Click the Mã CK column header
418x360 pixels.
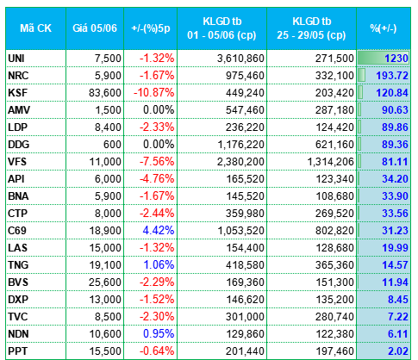coord(35,28)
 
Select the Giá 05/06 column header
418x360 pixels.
coord(95,28)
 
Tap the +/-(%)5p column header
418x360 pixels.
coord(151,28)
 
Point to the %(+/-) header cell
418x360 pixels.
coord(384,28)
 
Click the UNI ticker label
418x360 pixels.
coord(16,59)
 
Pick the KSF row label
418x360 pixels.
coord(17,93)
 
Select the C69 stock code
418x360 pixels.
coord(17,231)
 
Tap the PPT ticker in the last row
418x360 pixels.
coord(17,351)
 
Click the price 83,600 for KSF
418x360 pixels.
coord(105,93)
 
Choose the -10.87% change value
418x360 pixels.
coord(153,93)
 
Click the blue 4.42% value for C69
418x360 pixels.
coord(159,231)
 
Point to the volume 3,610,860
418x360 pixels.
coord(240,59)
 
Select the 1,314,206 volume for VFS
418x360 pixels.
coord(330,162)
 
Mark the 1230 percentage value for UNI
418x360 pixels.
coord(396,59)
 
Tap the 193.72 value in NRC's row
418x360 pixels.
coord(392,76)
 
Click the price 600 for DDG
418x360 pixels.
coord(112,145)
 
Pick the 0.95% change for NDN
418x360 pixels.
coord(159,334)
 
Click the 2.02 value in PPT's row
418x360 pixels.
coord(398,351)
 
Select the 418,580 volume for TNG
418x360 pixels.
coord(245,265)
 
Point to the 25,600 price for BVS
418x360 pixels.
coord(105,282)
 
